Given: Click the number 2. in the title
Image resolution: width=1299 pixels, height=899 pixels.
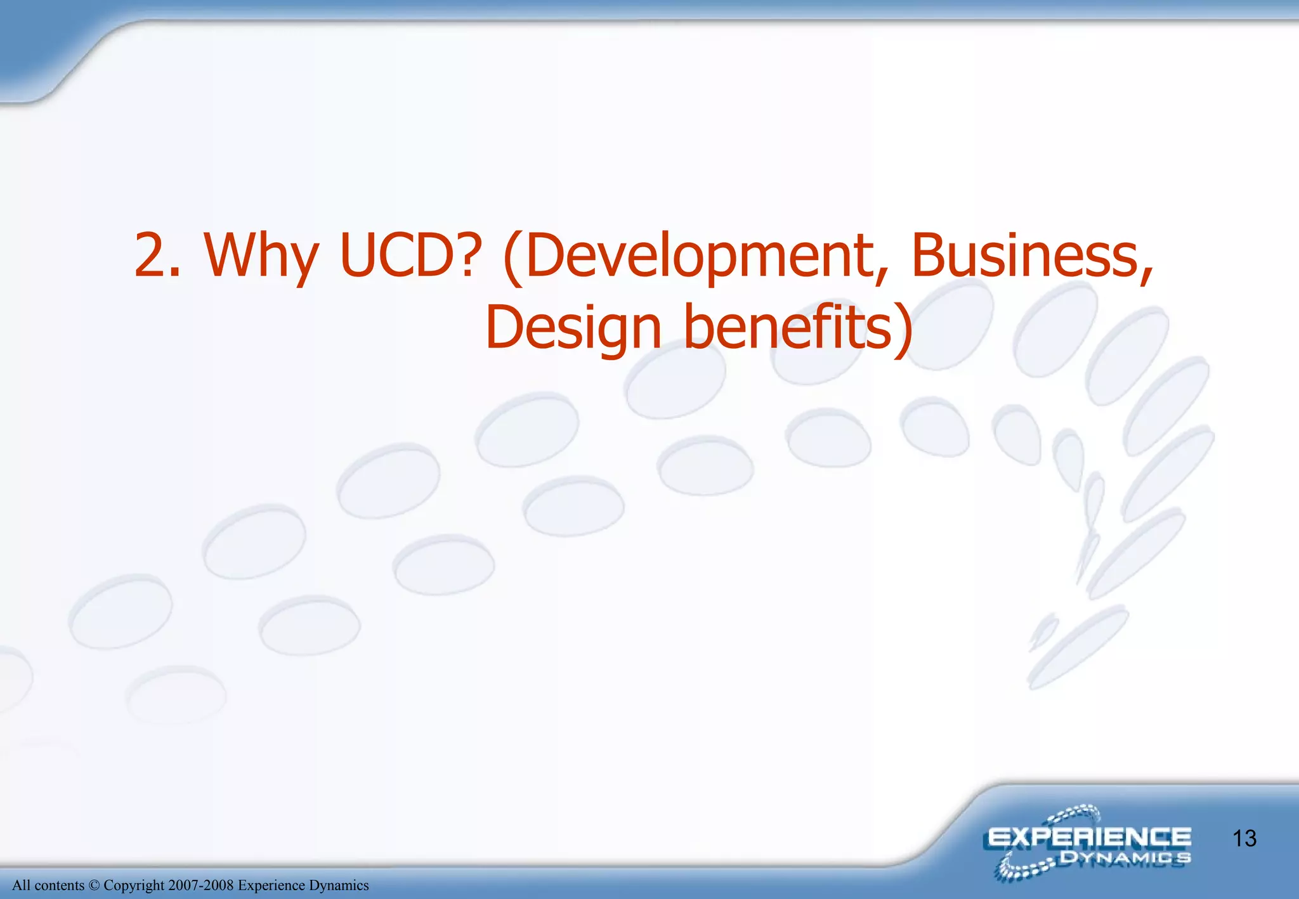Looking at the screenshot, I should coord(158,255).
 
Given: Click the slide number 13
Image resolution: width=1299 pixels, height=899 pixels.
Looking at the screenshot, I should coord(1244,839).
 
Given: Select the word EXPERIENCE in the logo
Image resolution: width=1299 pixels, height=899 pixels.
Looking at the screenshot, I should coord(1088,838).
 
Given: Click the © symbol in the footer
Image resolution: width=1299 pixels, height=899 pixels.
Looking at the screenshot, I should coord(94,886).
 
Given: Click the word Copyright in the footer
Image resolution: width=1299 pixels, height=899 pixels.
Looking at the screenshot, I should coord(133,886).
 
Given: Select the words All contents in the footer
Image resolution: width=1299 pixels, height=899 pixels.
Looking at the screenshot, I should coord(48,886).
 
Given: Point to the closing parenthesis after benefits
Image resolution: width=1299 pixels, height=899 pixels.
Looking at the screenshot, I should coord(903,328).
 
